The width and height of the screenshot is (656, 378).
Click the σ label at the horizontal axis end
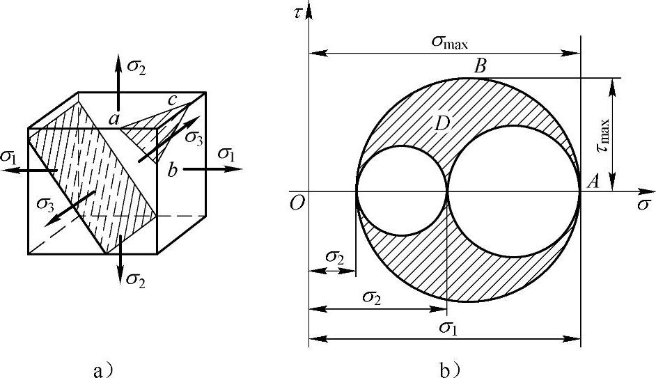[x=644, y=205]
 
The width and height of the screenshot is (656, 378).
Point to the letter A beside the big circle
[x=593, y=182]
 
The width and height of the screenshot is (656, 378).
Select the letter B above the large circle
[x=480, y=66]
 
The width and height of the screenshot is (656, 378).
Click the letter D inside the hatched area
[x=442, y=124]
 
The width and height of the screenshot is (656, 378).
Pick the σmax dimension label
[x=450, y=42]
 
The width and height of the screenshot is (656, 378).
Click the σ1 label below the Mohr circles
[x=448, y=327]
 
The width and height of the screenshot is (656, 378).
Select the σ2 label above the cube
[x=136, y=68]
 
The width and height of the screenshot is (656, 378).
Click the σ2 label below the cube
[x=136, y=278]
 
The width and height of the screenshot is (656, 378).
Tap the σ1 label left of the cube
[x=9, y=156]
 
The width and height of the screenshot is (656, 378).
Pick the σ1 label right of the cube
[x=226, y=154]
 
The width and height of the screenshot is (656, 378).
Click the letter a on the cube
[x=114, y=120]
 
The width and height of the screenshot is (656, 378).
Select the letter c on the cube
[x=173, y=100]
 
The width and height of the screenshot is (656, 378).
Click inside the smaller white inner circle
[x=402, y=191]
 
